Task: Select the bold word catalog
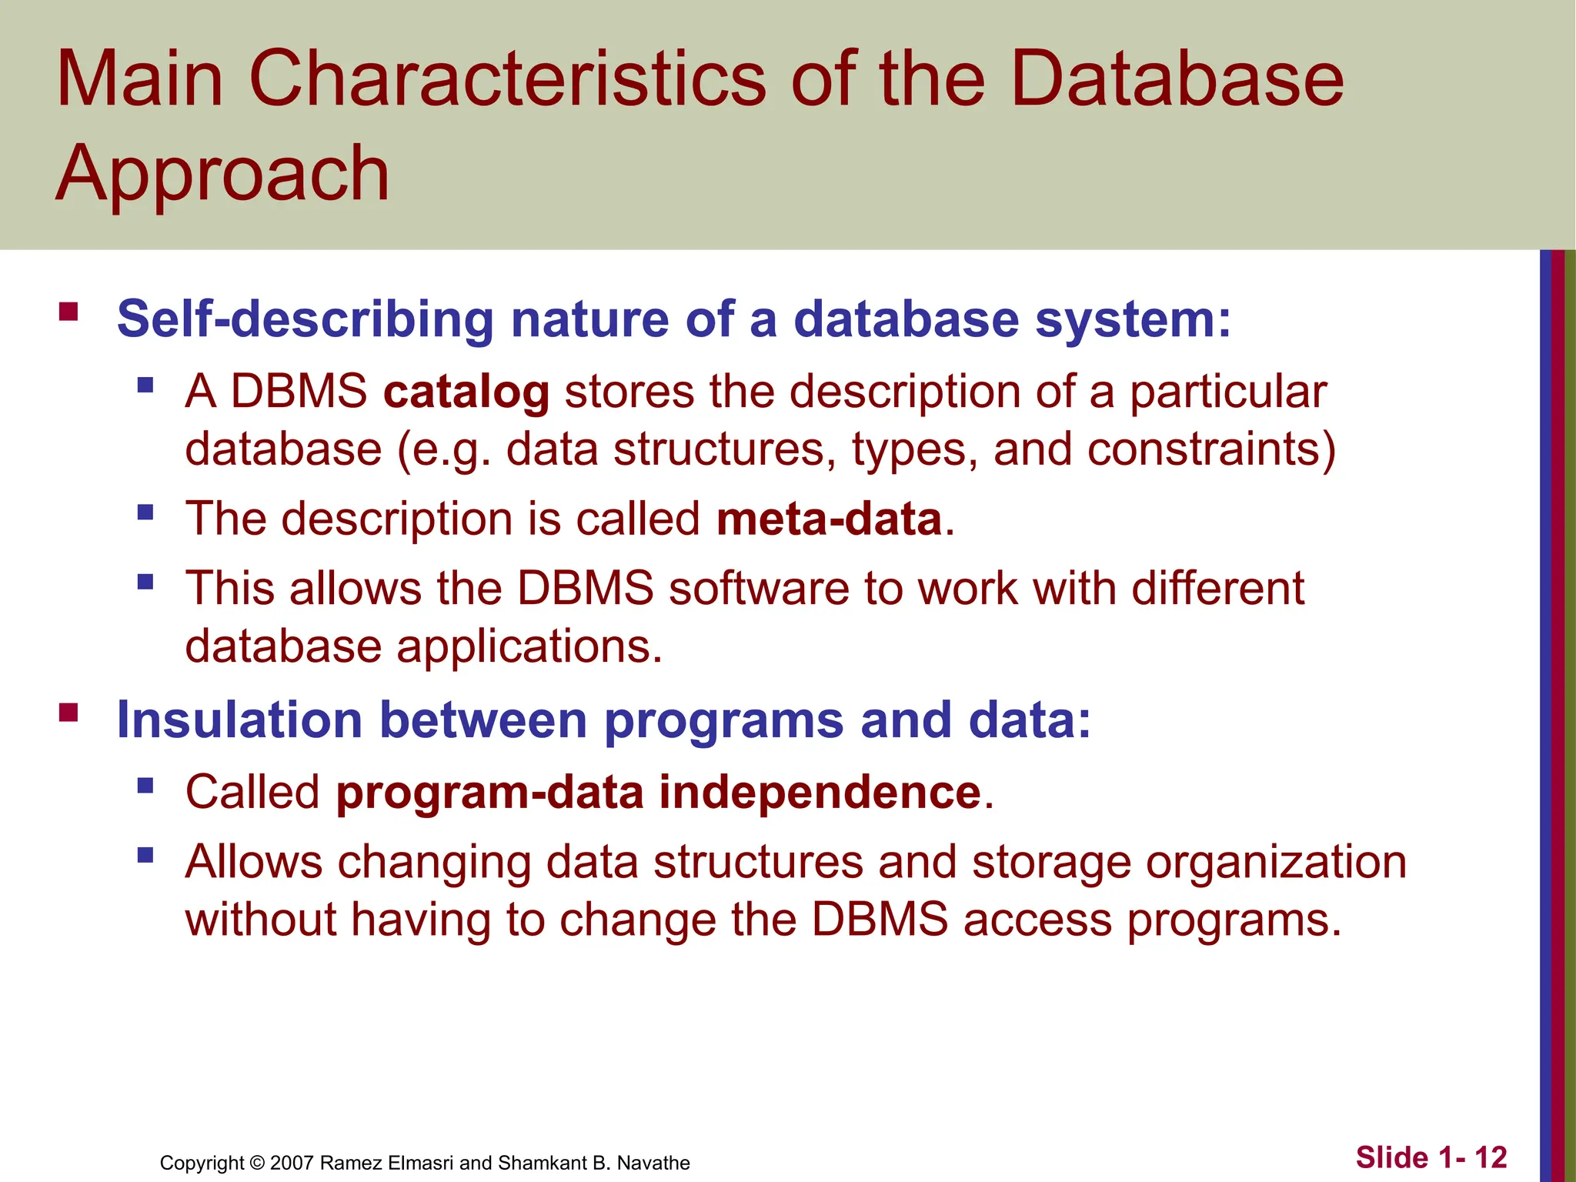point(466,392)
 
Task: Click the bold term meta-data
point(829,519)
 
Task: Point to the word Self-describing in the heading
point(305,319)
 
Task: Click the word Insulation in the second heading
point(239,720)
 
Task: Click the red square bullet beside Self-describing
point(68,312)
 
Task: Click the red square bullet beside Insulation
point(68,713)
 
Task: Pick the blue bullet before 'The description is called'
point(145,513)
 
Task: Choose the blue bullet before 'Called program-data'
point(145,786)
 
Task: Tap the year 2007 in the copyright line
point(292,1163)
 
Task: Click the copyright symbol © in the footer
point(257,1163)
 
